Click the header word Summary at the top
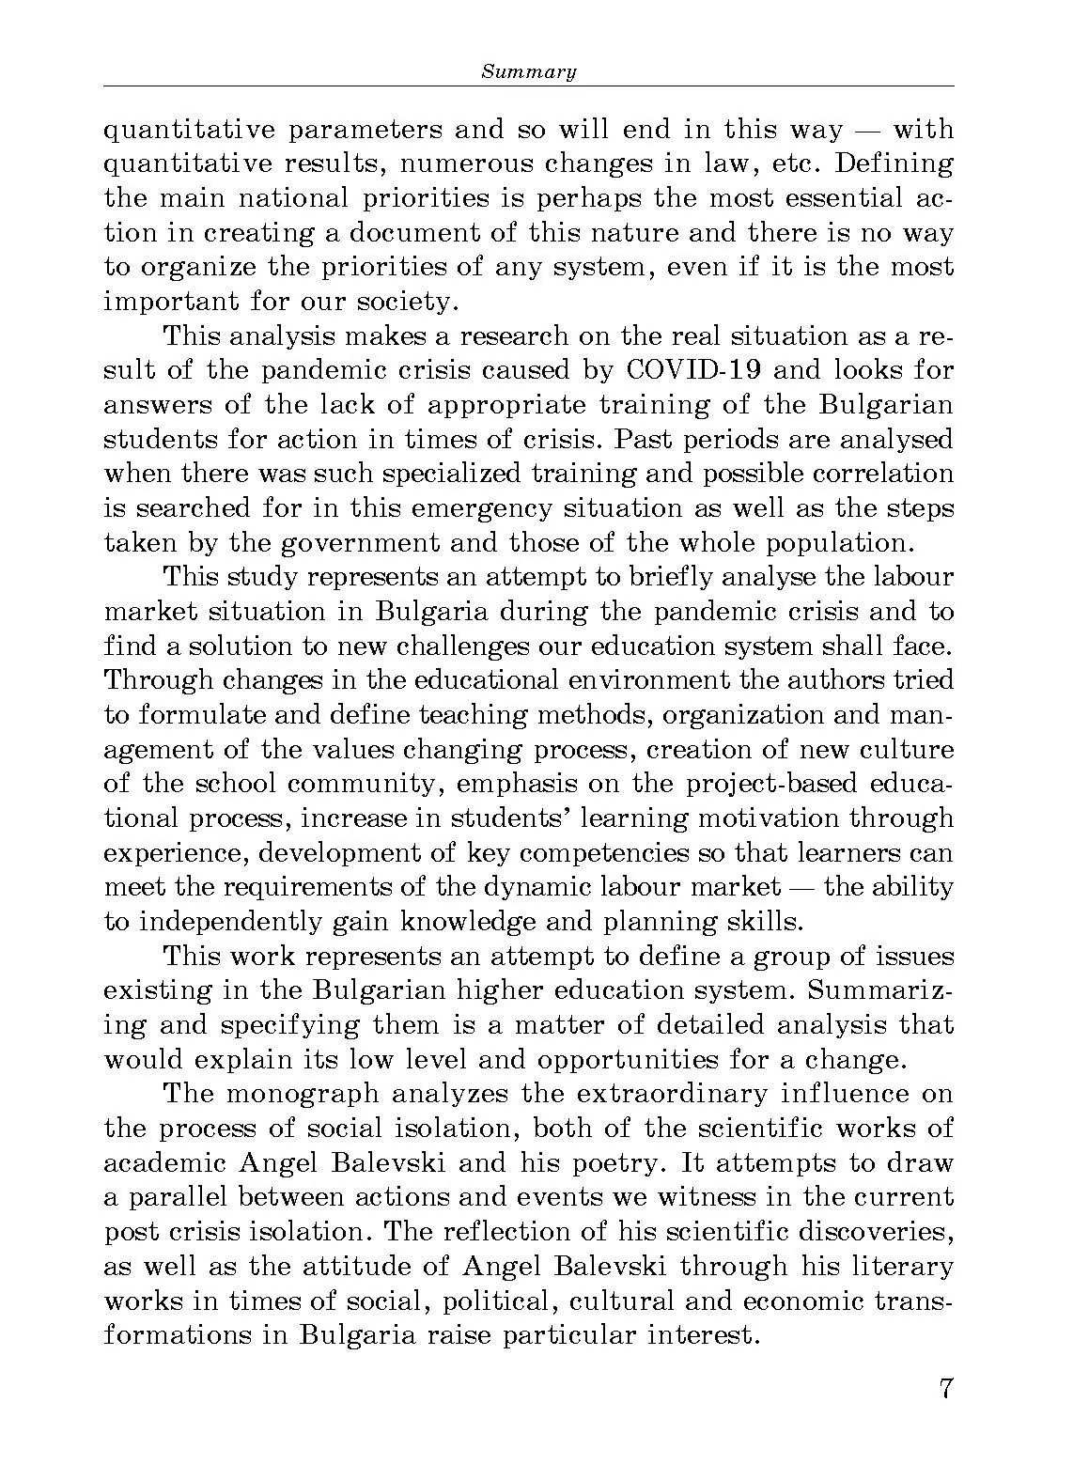click(528, 71)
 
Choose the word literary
click(903, 1267)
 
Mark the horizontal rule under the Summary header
click(528, 86)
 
